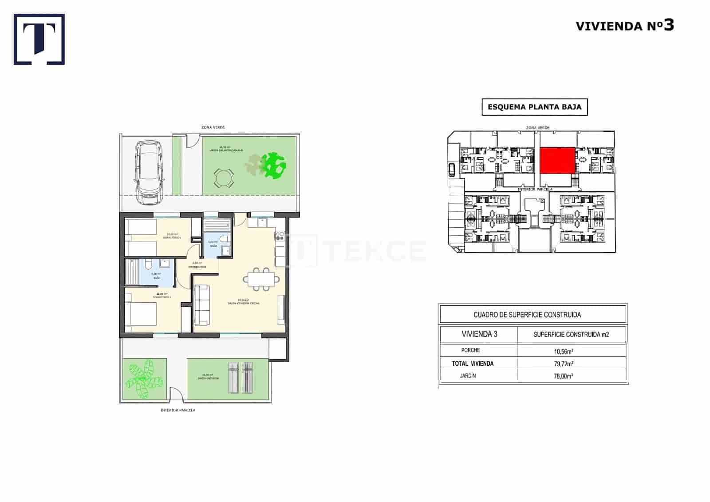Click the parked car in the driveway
point(150,173)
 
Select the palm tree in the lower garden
point(143,378)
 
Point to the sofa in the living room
point(202,304)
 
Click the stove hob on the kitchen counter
point(280,236)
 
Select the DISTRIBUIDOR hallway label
point(197,267)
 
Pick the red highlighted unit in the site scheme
point(557,161)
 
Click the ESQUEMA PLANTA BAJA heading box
point(534,107)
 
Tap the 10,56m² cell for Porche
point(564,351)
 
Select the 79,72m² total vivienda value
point(564,364)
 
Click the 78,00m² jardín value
point(564,376)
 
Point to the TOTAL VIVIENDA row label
point(473,364)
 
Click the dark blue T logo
point(39,39)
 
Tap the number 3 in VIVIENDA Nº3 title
point(669,25)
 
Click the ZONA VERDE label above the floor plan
point(213,127)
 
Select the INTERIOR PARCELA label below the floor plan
point(178,410)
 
